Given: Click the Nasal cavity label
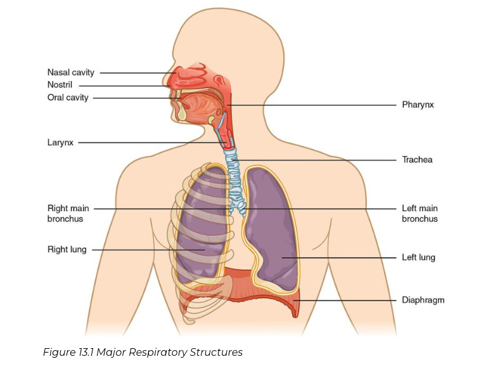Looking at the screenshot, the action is pyautogui.click(x=70, y=72).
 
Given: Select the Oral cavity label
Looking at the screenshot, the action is pyautogui.click(x=68, y=98).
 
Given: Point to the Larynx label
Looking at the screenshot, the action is pyautogui.click(x=60, y=143).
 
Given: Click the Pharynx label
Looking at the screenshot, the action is pyautogui.click(x=418, y=105).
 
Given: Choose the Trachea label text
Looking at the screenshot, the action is pyautogui.click(x=417, y=160).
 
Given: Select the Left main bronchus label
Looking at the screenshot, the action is pyautogui.click(x=420, y=213).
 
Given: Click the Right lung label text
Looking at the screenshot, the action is pyautogui.click(x=67, y=250).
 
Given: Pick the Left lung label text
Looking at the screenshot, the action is pyautogui.click(x=418, y=257).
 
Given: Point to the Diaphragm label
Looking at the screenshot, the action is pyautogui.click(x=423, y=300).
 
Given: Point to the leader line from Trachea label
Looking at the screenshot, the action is pyautogui.click(x=317, y=160).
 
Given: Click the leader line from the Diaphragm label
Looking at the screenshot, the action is pyautogui.click(x=349, y=300).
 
